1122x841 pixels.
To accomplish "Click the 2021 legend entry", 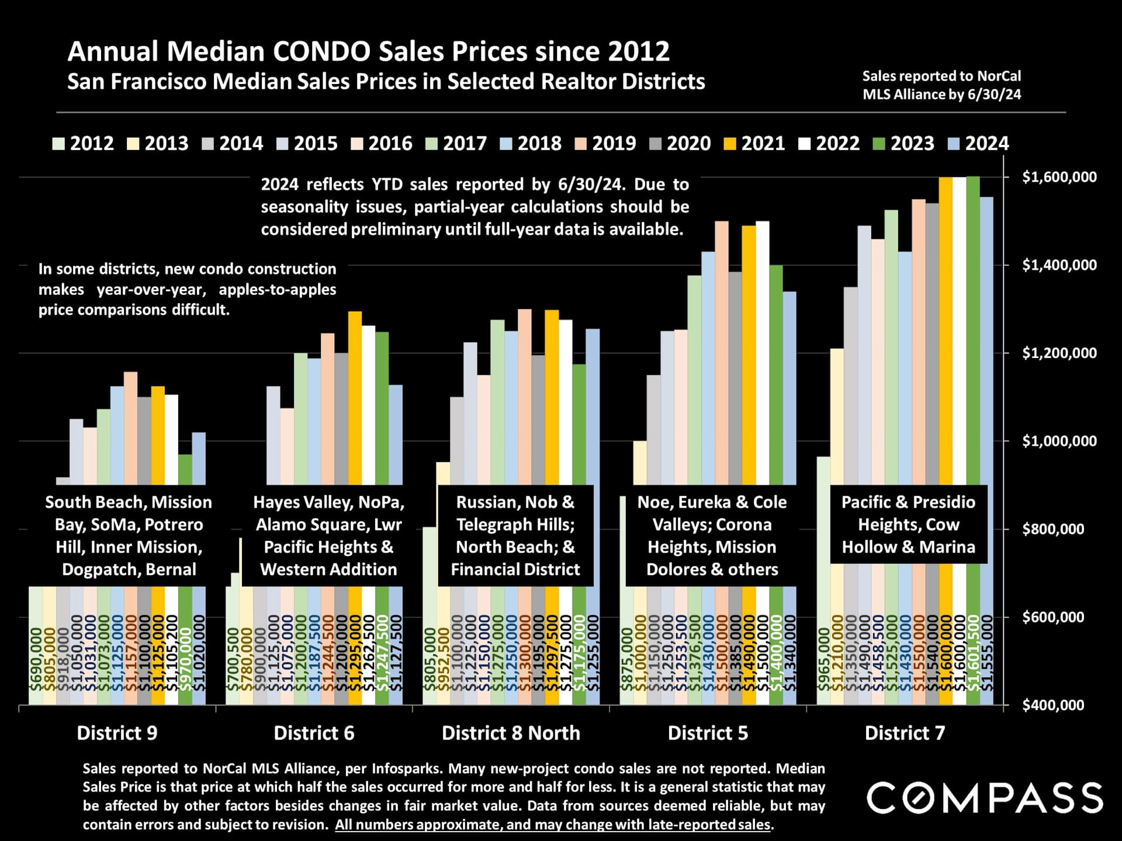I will pos(754,144).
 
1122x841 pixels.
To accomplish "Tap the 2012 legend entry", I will pos(83,144).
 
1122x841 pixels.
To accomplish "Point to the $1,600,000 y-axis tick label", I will pos(1059,177).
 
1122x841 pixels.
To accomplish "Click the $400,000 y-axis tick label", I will pos(1053,706).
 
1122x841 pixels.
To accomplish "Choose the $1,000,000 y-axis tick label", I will pos(1059,441).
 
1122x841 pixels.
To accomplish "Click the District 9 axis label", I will pos(117,733).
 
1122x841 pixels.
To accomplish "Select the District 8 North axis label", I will pos(511,733).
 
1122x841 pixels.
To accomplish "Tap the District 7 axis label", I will pos(905,733).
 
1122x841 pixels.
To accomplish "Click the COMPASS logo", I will pos(985,798).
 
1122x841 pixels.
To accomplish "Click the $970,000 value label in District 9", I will pos(185,660).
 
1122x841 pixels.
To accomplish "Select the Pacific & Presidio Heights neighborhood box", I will pos(908,524).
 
